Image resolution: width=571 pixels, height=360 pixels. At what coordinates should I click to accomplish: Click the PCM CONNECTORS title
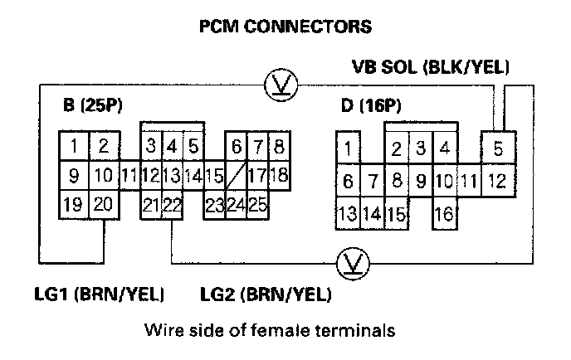tap(285, 27)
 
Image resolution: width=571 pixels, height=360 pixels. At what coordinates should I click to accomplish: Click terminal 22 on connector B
tap(172, 205)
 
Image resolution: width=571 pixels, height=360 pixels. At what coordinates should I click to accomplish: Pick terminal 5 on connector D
tap(497, 150)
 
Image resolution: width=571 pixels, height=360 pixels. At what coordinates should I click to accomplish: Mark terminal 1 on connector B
tap(75, 148)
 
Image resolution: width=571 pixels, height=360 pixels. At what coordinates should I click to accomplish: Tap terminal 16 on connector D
tap(443, 213)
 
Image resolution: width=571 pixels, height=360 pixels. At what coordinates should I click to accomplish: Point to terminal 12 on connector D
tap(497, 180)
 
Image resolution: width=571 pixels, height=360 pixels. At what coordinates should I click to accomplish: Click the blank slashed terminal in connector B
tap(236, 176)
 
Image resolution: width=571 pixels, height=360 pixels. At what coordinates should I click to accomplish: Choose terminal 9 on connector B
tap(75, 176)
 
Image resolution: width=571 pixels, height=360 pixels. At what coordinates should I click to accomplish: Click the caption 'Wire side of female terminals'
tap(266, 330)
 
